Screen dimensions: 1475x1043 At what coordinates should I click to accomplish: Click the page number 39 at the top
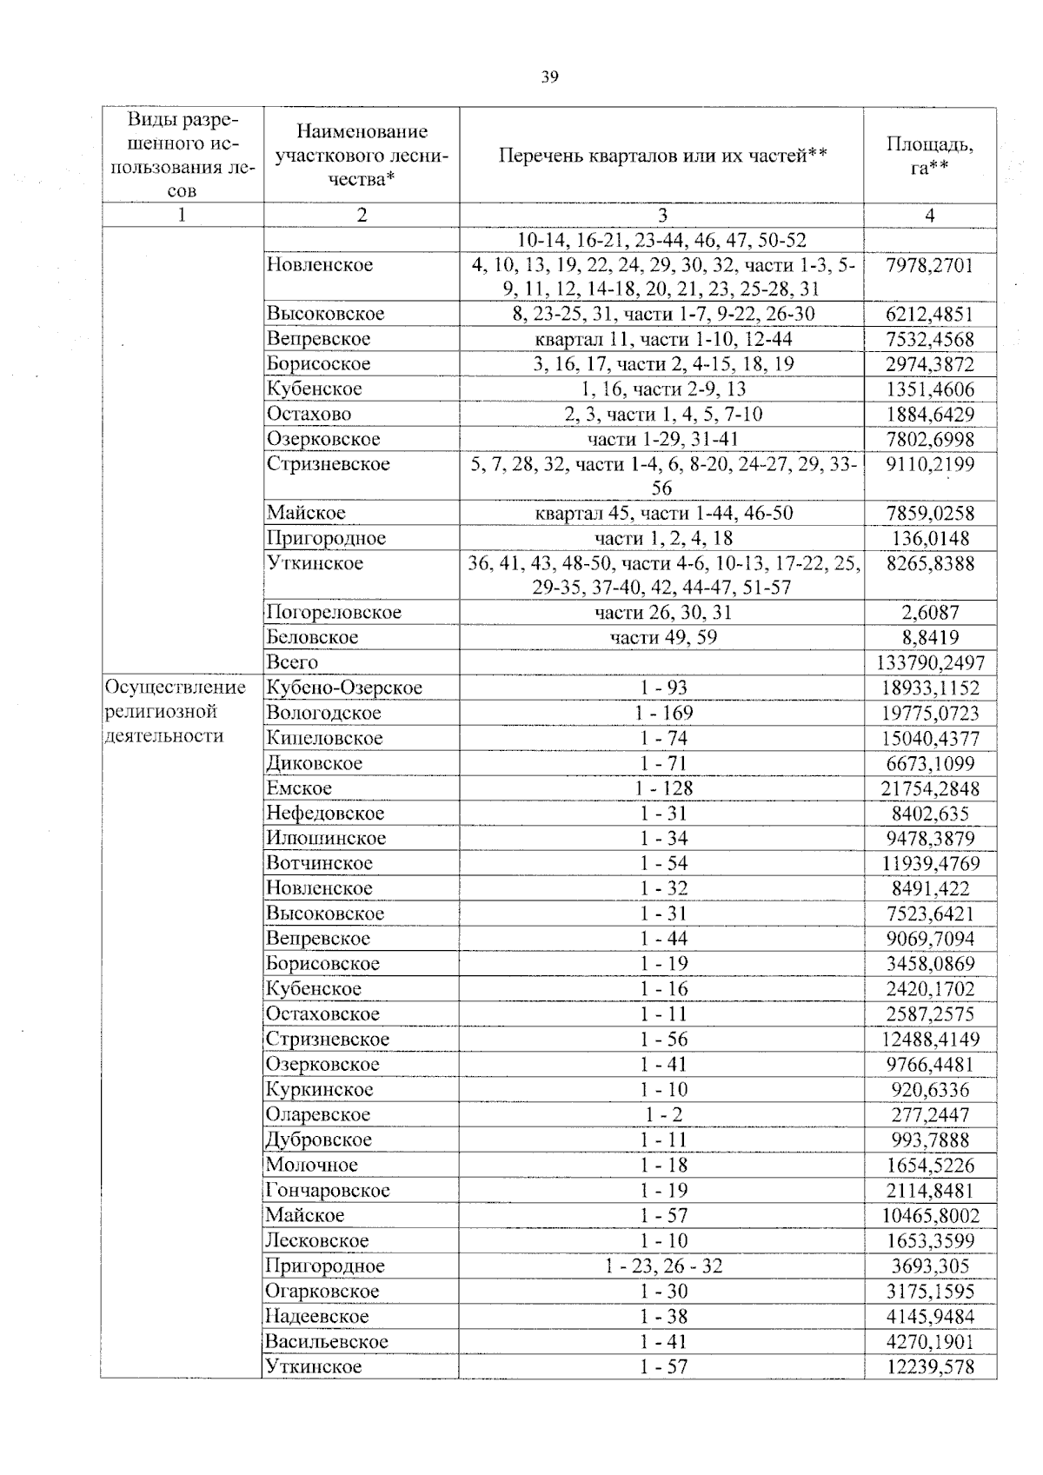click(549, 77)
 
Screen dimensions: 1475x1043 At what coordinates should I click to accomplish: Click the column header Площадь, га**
click(929, 156)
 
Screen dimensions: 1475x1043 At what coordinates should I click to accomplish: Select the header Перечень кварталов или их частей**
click(662, 156)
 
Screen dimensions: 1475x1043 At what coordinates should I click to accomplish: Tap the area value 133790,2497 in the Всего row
click(929, 662)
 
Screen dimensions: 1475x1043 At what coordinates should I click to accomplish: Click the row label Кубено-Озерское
click(344, 688)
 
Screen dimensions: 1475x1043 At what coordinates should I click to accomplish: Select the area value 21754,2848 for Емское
click(929, 788)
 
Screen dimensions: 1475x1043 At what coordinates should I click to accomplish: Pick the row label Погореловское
click(334, 612)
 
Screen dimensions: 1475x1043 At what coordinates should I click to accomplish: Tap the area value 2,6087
click(930, 612)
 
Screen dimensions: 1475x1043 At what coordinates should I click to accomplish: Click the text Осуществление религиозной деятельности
click(175, 712)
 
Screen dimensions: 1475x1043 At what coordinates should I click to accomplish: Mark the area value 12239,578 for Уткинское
click(929, 1366)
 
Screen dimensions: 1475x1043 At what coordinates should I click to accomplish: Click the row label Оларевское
click(318, 1114)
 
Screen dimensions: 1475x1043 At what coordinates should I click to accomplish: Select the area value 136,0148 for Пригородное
click(930, 538)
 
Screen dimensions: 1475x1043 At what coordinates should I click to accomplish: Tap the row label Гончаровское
click(328, 1190)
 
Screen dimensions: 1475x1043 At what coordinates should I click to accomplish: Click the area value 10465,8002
click(929, 1215)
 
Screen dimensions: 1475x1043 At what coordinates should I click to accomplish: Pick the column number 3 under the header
click(662, 216)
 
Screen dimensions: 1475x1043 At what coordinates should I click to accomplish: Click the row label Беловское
click(312, 637)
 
